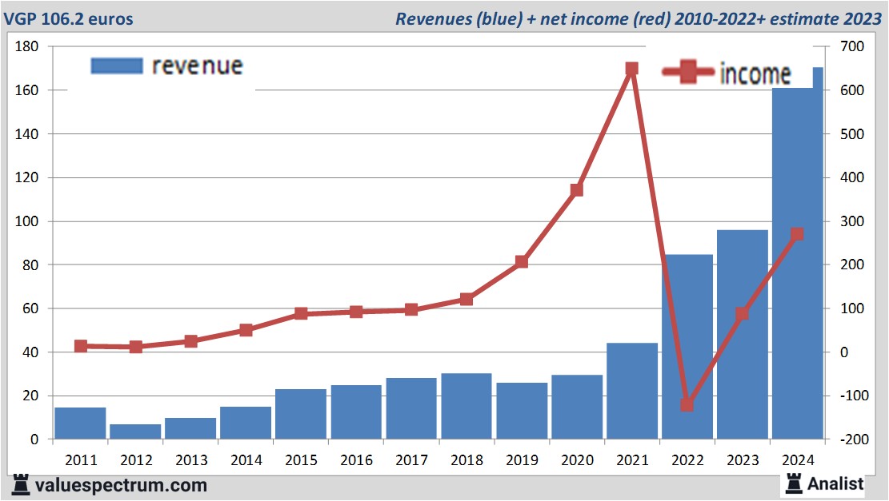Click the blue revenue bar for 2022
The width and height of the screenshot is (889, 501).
[x=687, y=347]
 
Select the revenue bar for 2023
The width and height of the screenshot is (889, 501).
[x=743, y=335]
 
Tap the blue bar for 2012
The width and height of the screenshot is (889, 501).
[x=135, y=431]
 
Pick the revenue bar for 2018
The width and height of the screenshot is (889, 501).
[x=467, y=406]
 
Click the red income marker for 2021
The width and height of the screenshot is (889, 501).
[x=631, y=69]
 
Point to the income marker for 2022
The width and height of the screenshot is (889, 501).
[x=687, y=404]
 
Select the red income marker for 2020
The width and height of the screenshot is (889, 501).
[x=576, y=190]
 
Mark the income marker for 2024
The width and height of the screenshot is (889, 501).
[x=797, y=234]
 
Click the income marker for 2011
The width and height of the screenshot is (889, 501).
[x=81, y=346]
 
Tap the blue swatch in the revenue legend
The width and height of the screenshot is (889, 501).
[x=117, y=66]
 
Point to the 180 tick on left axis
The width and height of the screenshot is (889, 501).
[x=28, y=47]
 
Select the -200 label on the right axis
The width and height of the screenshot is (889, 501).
[x=851, y=439]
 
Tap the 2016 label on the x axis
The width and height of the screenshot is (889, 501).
[x=356, y=460]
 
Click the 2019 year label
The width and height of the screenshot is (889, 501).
[x=522, y=460]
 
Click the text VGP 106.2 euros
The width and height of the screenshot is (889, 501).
[x=69, y=18]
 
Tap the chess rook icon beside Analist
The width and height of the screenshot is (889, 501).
[x=794, y=483]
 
